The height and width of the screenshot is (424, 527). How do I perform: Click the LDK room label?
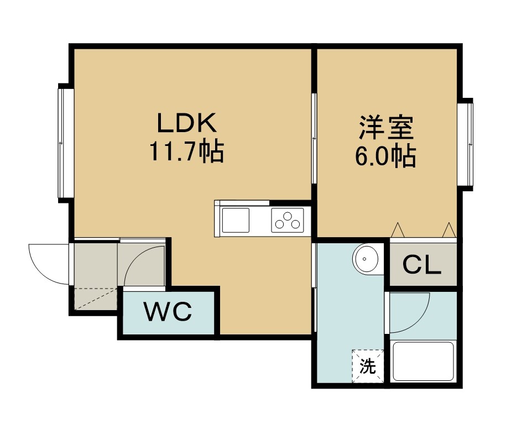click(187, 123)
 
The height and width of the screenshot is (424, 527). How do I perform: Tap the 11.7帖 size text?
click(186, 151)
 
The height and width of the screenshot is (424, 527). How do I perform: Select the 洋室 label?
click(386, 128)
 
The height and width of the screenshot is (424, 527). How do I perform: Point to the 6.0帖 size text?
click(386, 156)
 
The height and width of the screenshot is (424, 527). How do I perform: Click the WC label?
click(168, 311)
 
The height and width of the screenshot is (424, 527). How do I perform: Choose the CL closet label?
click(422, 265)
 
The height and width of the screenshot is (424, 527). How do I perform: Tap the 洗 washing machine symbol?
click(368, 366)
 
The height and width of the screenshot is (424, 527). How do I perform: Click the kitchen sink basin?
click(235, 220)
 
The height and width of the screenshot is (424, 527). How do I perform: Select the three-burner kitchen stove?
click(288, 220)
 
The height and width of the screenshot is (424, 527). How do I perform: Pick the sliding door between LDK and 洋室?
click(314, 138)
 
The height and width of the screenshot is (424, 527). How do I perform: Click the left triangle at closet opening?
click(398, 230)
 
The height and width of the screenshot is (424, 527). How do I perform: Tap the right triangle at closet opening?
click(449, 230)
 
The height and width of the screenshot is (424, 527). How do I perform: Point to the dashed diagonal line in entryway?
click(96, 299)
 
